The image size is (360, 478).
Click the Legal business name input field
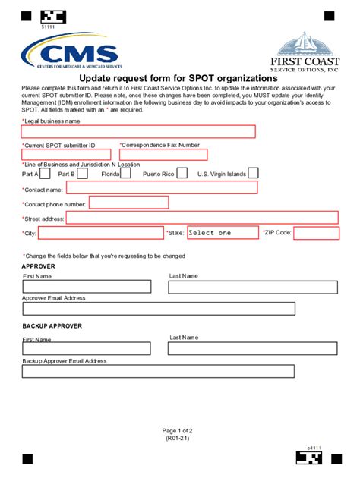tap(139, 131)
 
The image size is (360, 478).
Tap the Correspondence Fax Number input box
tap(163, 155)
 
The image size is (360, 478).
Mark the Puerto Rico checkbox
tap(183, 173)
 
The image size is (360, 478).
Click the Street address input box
tap(202, 218)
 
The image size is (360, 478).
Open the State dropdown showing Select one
tap(222, 233)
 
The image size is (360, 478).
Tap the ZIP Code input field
tap(316, 233)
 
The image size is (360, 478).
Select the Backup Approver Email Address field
tap(158, 371)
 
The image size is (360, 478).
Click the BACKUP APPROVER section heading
tap(52, 326)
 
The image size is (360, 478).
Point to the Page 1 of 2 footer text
tap(179, 429)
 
